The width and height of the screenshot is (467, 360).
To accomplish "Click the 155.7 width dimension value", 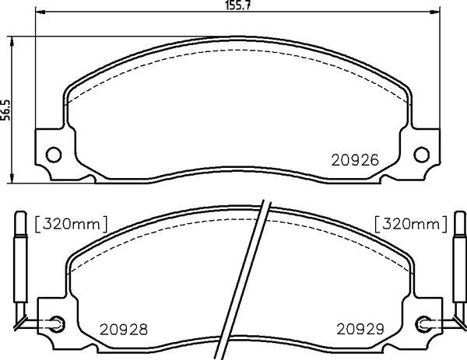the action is [x=235, y=5].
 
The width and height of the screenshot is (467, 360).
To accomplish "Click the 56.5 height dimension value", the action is [x=5, y=110].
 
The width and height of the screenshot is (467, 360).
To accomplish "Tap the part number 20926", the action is [x=355, y=160].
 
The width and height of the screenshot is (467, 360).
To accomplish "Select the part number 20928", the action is [x=124, y=330].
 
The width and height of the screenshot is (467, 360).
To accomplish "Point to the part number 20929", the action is [x=360, y=329].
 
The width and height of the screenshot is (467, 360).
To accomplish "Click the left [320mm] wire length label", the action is [x=71, y=224].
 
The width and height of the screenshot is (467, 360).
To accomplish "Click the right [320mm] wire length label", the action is [x=411, y=224].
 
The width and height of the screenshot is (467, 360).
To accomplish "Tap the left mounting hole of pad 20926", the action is [x=54, y=155].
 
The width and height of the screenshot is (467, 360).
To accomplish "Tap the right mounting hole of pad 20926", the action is [x=422, y=155].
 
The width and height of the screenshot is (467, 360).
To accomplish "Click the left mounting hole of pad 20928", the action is [x=57, y=323].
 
